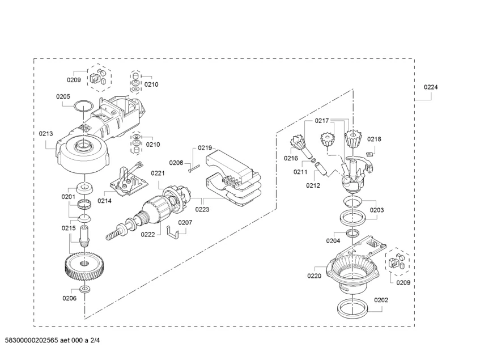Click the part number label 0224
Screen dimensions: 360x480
point(431,87)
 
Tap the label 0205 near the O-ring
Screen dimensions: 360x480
point(63,96)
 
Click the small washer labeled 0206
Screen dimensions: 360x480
point(84,290)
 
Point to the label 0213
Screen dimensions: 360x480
point(46,134)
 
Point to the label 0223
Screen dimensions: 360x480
point(202,209)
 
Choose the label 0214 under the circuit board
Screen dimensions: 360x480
point(104,201)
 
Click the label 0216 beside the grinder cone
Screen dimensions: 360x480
point(291,158)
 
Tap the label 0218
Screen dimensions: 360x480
point(374,139)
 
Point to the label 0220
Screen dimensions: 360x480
point(314,276)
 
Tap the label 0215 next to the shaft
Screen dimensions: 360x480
point(69,228)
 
